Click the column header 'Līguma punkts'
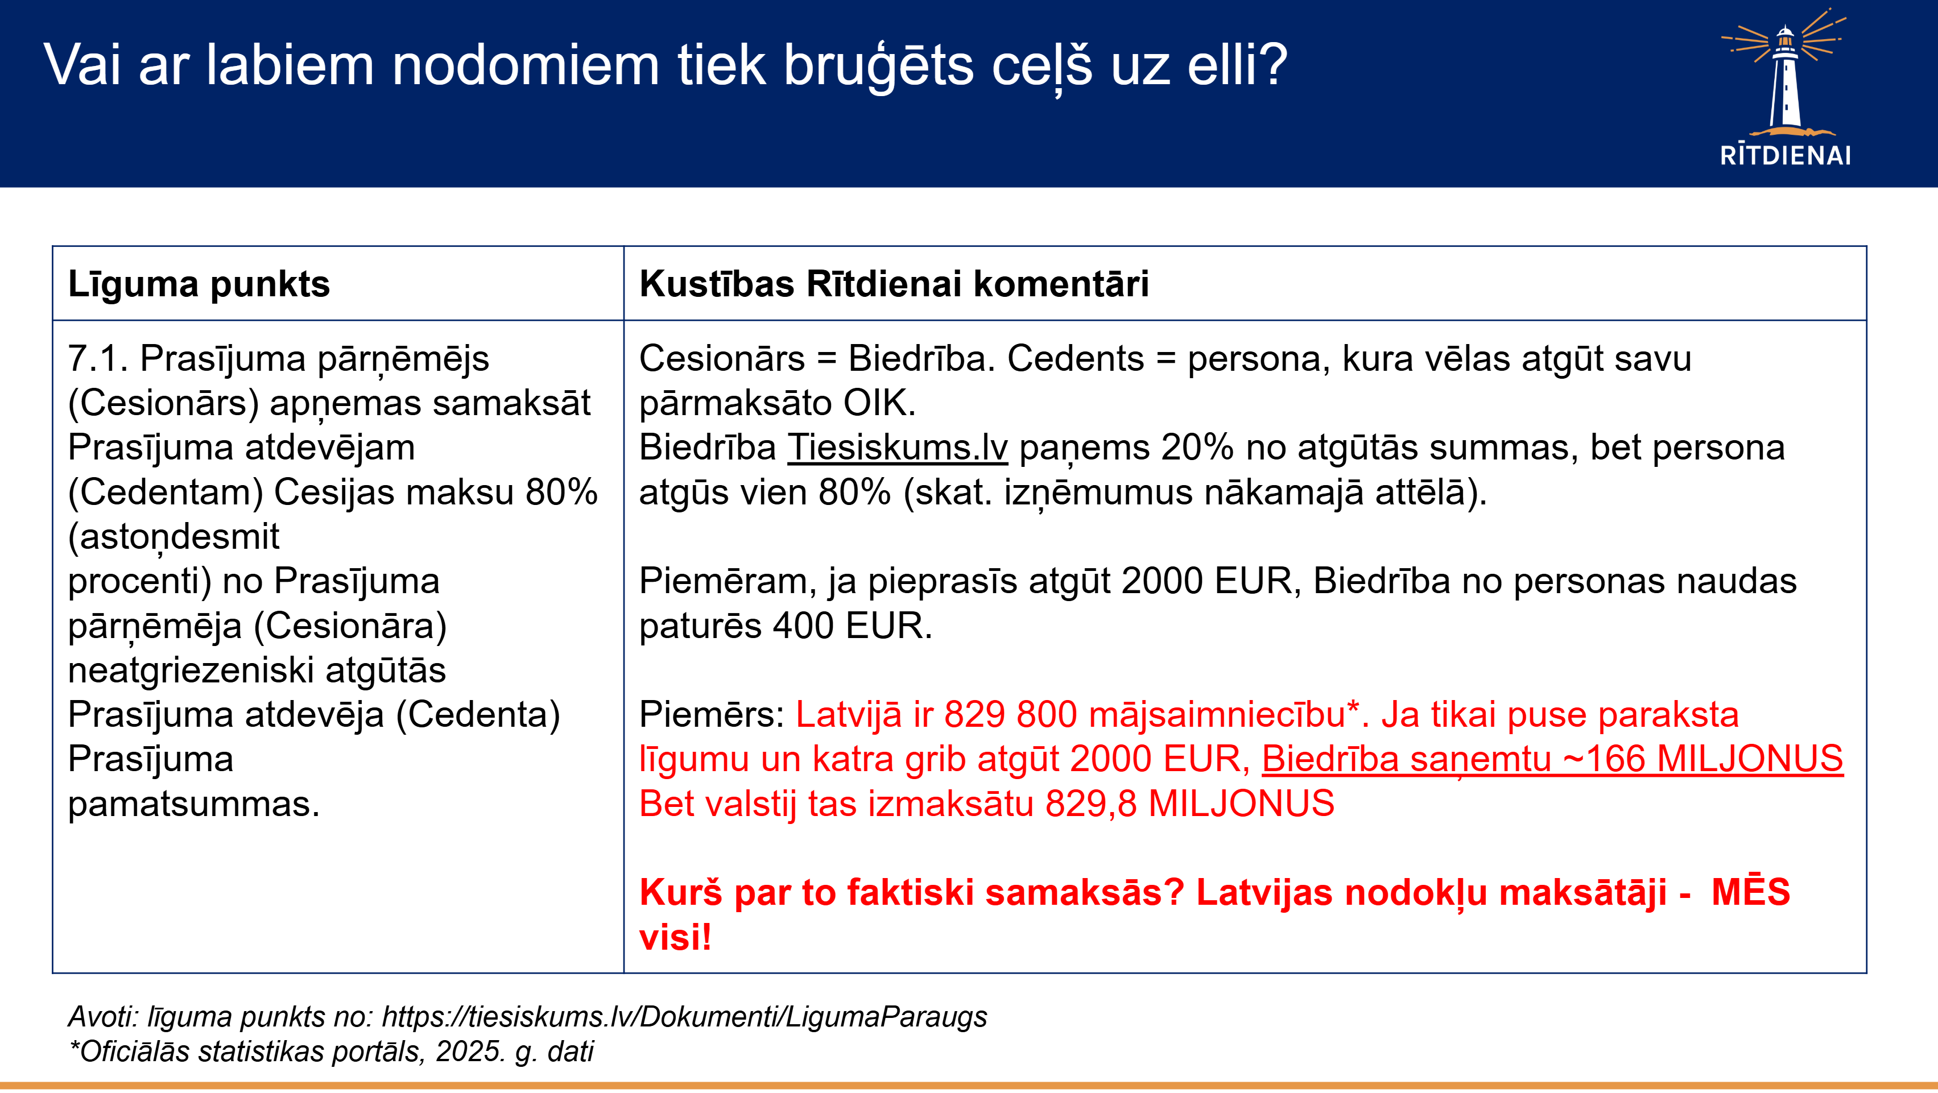(199, 284)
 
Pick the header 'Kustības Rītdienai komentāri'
(894, 284)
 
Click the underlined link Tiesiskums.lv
(898, 448)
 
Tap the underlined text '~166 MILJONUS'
(1703, 759)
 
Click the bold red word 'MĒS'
(1751, 892)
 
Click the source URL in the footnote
(685, 1016)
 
